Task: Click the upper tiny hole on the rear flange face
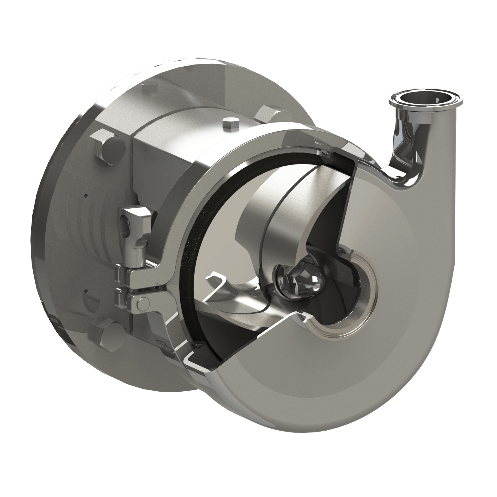[x=86, y=195]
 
